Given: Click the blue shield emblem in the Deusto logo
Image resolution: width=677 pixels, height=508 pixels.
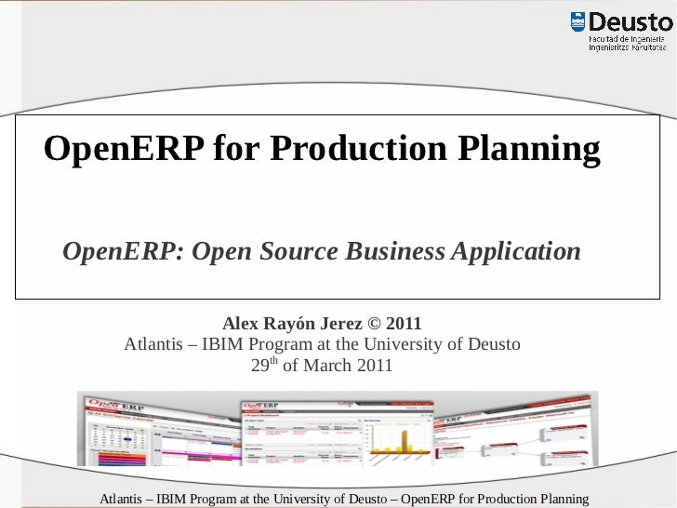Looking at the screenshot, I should (x=577, y=23).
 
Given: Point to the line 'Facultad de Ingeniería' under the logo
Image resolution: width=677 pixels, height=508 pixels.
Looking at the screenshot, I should (x=630, y=38).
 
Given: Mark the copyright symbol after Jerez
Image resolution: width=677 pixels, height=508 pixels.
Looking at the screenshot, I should (x=373, y=325).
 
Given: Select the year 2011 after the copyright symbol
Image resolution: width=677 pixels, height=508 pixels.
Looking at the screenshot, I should (x=404, y=325).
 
